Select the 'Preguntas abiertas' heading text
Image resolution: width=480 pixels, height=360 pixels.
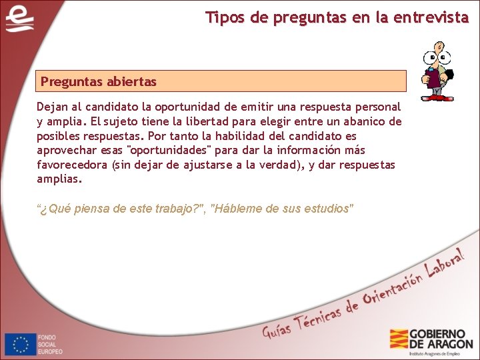tap(99, 81)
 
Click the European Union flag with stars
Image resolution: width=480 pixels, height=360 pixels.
tap(21, 345)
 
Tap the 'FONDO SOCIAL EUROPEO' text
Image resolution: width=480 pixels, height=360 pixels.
tap(51, 345)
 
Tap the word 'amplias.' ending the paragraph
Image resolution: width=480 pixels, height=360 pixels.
tap(59, 179)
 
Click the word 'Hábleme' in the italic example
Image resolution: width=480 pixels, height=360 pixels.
tap(236, 209)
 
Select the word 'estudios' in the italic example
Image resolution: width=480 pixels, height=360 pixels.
tap(327, 209)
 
